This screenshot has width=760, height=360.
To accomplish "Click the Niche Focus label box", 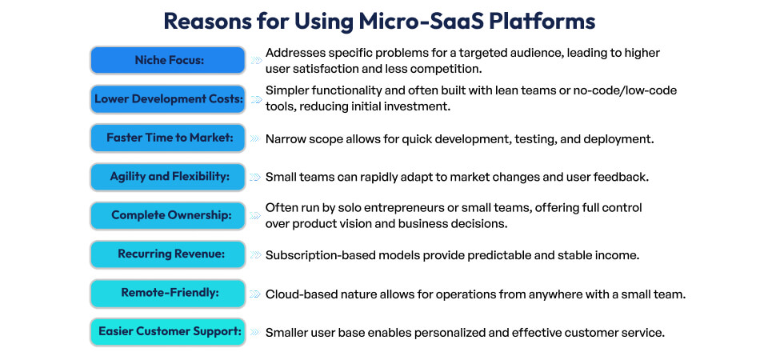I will [x=167, y=60].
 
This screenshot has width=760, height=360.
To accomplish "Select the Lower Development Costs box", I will [x=167, y=99].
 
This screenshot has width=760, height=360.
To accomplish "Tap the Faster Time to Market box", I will [x=167, y=138].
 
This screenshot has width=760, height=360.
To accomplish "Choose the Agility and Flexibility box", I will [x=167, y=177].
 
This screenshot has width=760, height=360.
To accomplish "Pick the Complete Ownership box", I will [x=167, y=216].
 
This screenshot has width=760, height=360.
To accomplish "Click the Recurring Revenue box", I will [x=167, y=254].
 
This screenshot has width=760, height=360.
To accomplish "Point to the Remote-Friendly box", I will [x=167, y=294].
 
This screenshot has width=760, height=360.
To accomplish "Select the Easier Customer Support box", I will [x=167, y=332].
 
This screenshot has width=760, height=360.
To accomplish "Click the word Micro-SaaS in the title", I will [x=432, y=21].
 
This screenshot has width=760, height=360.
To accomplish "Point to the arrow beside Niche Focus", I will [x=255, y=60].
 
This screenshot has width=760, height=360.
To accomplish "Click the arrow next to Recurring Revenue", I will [x=255, y=254].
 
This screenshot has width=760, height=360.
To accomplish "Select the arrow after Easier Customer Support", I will [x=255, y=332].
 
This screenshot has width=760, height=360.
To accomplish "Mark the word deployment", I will [x=618, y=138].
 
